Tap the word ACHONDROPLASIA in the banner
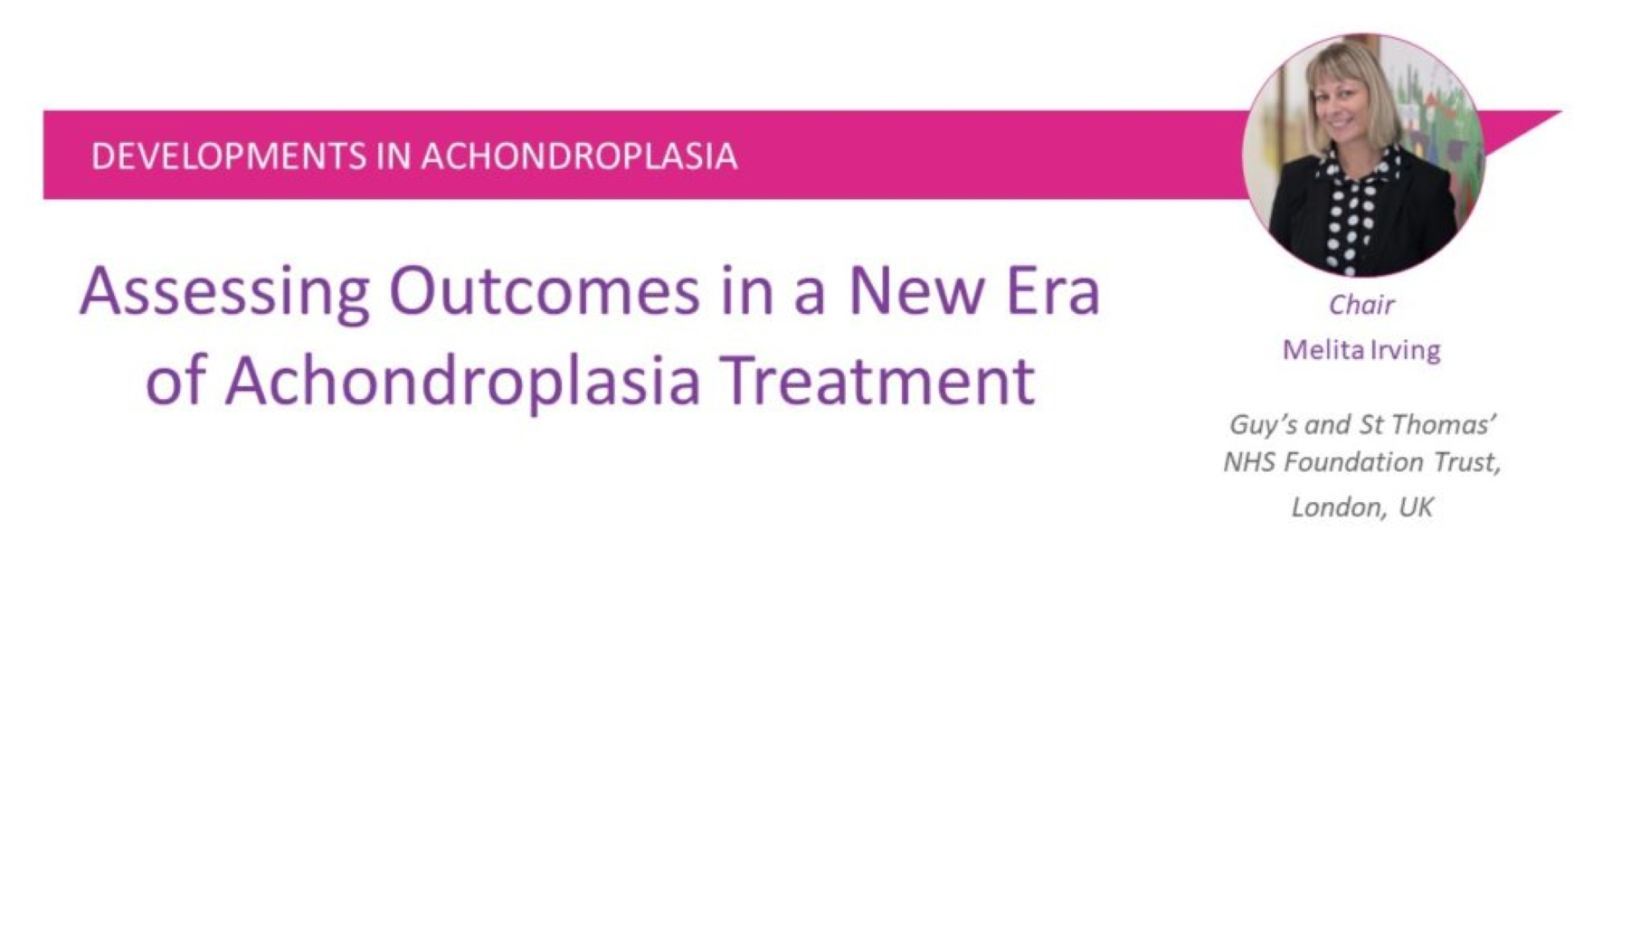[579, 156]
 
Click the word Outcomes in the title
[545, 291]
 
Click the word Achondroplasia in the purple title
[462, 380]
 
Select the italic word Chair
[1361, 305]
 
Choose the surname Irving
[1405, 351]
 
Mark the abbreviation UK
[1416, 507]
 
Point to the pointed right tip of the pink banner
[1560, 112]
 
